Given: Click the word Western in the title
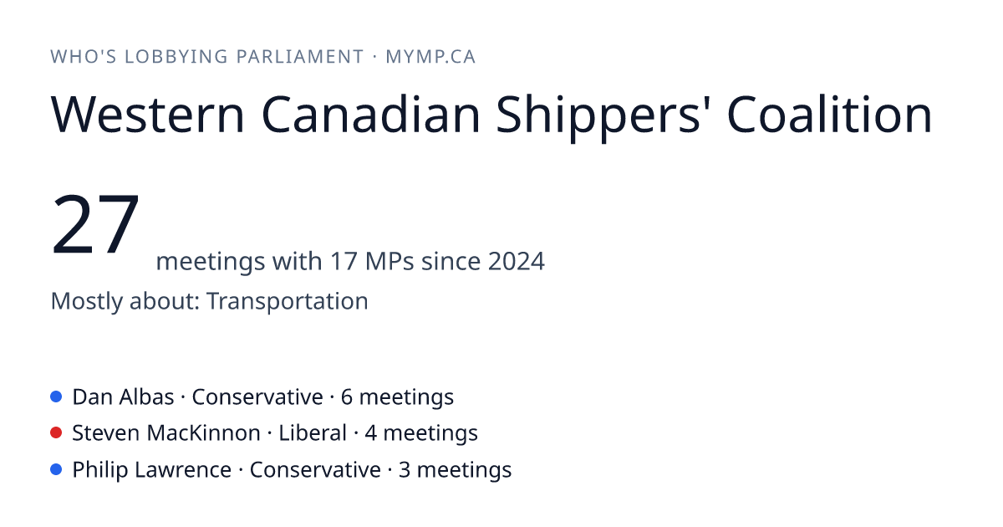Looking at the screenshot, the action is (148, 115).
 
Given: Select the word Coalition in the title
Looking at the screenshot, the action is (829, 114).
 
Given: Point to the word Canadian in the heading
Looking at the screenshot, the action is (370, 114).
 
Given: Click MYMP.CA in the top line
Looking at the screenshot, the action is (430, 57).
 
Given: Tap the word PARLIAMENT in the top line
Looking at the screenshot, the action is (299, 57).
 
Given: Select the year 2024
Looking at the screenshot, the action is (517, 261).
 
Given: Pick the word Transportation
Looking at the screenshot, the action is (287, 300).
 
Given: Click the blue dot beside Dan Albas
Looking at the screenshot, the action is (56, 397).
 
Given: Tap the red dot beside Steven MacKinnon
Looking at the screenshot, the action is (56, 433).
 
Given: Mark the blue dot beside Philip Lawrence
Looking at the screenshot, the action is (56, 469).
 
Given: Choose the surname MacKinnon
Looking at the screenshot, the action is (203, 433).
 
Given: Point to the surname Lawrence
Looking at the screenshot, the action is (183, 469).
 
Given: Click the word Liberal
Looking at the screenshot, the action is (313, 433).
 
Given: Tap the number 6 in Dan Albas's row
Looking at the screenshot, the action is (347, 397).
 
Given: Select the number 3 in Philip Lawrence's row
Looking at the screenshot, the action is (404, 469).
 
